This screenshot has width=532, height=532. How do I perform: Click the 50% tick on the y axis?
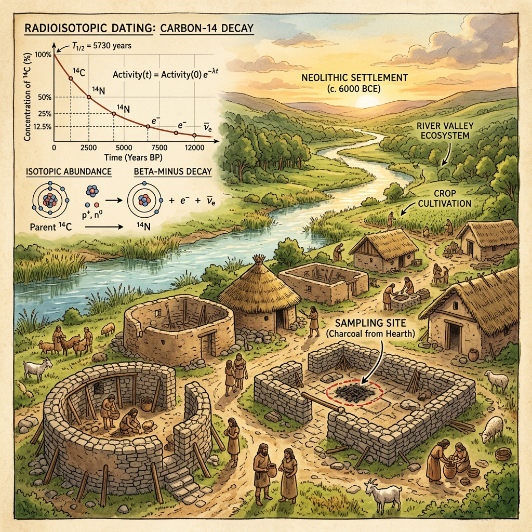(45, 97)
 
